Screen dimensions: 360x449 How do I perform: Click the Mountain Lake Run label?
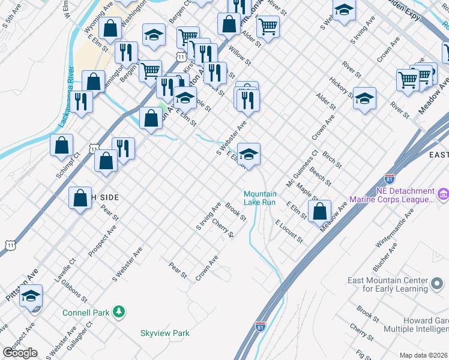(260, 198)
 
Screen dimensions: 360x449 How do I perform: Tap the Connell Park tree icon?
(119, 311)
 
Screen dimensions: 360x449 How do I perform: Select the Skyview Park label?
(164, 333)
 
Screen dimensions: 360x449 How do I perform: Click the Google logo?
(19, 353)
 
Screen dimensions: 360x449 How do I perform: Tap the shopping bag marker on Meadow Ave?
(321, 211)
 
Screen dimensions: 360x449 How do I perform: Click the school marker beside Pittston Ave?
(31, 295)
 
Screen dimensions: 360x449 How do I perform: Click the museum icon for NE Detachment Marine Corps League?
(444, 194)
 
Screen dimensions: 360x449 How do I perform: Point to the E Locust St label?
(289, 231)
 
